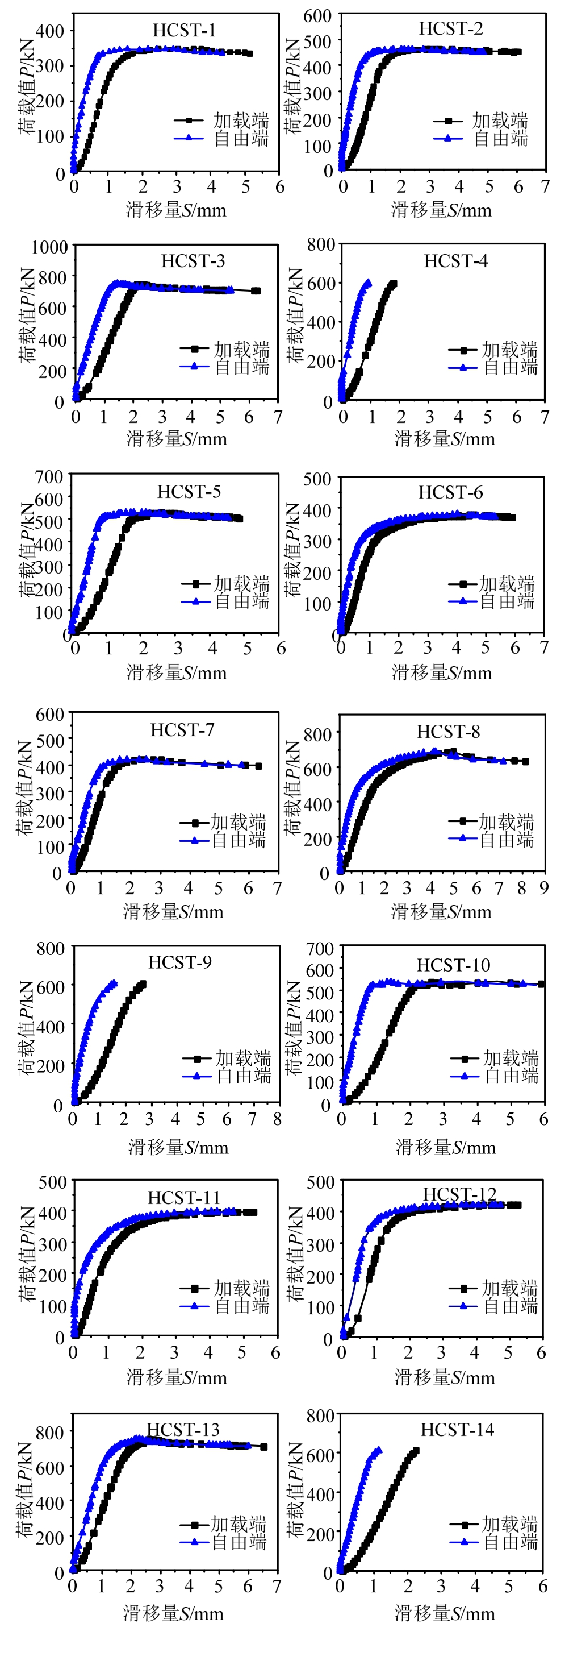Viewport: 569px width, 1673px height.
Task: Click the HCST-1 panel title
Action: (x=183, y=31)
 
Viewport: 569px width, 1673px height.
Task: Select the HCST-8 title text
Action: (x=447, y=732)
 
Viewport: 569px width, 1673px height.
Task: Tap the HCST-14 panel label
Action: (x=457, y=1430)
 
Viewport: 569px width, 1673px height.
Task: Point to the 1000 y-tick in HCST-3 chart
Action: (x=49, y=247)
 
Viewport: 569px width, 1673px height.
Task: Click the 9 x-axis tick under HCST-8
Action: (x=543, y=888)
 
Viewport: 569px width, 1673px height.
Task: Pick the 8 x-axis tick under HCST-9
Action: (x=277, y=1119)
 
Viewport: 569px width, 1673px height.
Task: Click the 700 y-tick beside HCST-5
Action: (x=49, y=477)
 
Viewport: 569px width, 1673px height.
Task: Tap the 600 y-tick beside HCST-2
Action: (x=317, y=15)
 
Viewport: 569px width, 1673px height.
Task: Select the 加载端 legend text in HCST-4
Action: (x=509, y=350)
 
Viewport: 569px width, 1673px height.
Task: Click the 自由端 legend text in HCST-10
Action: (x=511, y=1076)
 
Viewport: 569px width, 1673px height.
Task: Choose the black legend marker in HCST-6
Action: (x=463, y=584)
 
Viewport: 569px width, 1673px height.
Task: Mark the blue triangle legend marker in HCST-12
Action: (x=463, y=1306)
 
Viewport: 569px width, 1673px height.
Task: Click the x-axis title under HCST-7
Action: (x=173, y=912)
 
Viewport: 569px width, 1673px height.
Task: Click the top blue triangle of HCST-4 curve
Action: (x=368, y=283)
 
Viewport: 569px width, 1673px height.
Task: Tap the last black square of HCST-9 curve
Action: (x=143, y=984)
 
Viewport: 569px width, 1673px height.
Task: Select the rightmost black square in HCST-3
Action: (x=256, y=291)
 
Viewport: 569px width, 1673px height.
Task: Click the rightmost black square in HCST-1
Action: (x=250, y=53)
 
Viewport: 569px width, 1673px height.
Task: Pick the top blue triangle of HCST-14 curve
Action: (x=378, y=1450)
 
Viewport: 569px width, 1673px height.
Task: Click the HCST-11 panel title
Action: (x=183, y=1197)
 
